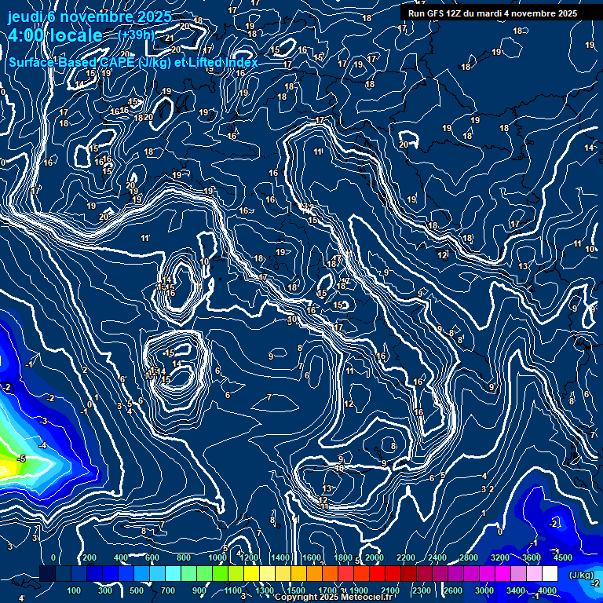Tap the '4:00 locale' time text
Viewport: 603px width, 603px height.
coord(55,35)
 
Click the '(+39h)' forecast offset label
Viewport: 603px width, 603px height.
coord(136,35)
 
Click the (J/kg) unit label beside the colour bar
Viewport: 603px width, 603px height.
coord(581,576)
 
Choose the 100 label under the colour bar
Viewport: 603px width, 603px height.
coord(74,590)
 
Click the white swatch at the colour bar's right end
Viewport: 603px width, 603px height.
coord(550,575)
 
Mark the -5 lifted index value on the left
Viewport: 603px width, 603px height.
coord(21,459)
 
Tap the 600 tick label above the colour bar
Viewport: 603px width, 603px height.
coord(152,557)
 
